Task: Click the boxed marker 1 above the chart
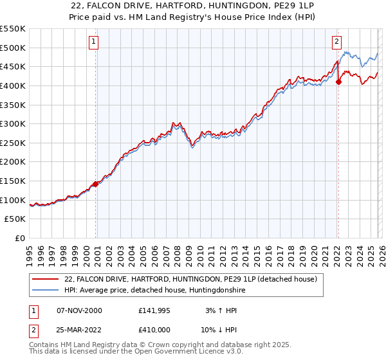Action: point(94,42)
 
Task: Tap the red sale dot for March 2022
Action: point(338,82)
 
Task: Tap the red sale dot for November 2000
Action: point(96,184)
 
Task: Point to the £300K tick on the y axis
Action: point(14,123)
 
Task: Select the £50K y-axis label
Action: point(16,219)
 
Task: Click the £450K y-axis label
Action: point(14,66)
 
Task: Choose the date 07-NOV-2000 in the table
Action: point(80,310)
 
